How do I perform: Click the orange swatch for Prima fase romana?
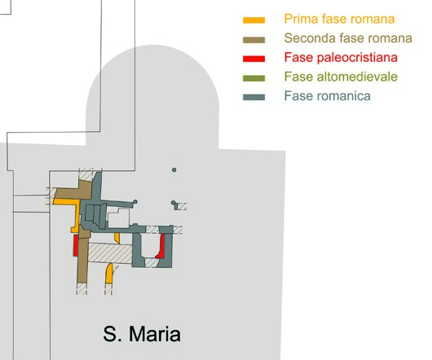(253, 20)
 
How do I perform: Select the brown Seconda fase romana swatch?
(253, 40)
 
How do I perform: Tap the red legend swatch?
(253, 59)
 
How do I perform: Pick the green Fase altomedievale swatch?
(253, 78)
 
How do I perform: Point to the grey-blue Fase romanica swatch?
(253, 97)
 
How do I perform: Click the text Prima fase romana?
(339, 19)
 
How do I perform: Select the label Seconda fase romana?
(348, 38)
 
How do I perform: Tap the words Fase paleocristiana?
(341, 58)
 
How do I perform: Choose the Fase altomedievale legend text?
(341, 77)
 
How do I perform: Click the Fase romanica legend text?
(328, 96)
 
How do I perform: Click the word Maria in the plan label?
(155, 334)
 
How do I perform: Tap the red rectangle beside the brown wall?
(76, 245)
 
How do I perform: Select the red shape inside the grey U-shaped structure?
(161, 247)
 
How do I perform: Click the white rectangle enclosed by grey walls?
(118, 218)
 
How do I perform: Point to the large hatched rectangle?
(110, 253)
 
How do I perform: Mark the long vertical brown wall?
(82, 256)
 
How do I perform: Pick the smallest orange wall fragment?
(117, 238)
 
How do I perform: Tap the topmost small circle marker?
(174, 169)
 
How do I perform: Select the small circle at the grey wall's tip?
(135, 202)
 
